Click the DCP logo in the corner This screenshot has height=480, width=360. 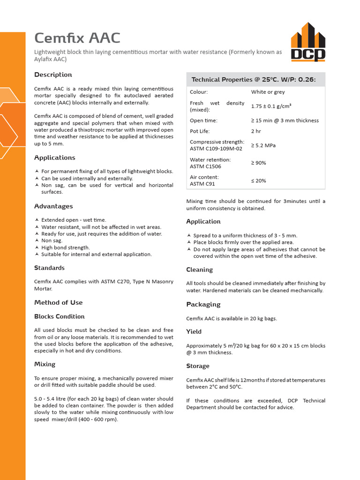[307, 42]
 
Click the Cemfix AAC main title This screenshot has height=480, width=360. [77, 38]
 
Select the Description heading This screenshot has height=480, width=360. [53, 75]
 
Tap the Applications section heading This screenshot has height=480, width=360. [54, 157]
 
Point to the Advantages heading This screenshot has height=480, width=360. [53, 206]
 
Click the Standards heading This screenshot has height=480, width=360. [49, 268]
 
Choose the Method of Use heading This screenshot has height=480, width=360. [58, 302]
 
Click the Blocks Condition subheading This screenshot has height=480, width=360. [59, 316]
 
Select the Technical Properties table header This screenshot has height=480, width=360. [254, 80]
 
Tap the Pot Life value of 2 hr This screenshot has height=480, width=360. [256, 131]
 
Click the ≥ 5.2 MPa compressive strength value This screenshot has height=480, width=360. [263, 145]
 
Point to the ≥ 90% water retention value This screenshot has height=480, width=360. [258, 163]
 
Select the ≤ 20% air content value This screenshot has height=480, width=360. [258, 180]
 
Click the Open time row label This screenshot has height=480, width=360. [203, 120]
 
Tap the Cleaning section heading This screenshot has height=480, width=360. [199, 270]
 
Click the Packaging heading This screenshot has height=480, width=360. [203, 305]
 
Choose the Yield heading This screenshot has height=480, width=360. [194, 332]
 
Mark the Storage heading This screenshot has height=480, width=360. [198, 366]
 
